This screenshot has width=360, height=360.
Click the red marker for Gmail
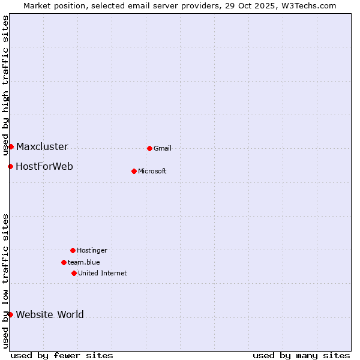(149, 148)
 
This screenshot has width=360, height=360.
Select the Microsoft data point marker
(134, 171)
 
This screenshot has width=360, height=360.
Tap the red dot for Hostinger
(73, 250)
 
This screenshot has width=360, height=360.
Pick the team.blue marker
(64, 262)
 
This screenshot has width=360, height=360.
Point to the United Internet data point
(74, 273)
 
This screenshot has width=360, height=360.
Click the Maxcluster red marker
(11, 146)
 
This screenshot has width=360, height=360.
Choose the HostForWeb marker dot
(10, 166)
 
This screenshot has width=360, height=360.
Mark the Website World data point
(10, 314)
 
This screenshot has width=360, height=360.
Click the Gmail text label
(163, 149)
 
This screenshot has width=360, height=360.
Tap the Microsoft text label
(152, 172)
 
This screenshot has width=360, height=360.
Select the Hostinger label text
(92, 251)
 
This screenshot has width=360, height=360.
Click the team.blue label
(84, 263)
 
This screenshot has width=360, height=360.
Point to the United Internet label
(103, 274)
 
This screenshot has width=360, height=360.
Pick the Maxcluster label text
(42, 147)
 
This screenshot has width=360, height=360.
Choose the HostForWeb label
(44, 167)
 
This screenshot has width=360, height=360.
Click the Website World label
(50, 315)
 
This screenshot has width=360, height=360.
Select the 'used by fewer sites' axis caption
(62, 355)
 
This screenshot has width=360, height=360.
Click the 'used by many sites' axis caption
(301, 355)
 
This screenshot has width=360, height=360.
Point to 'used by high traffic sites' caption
(5, 85)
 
